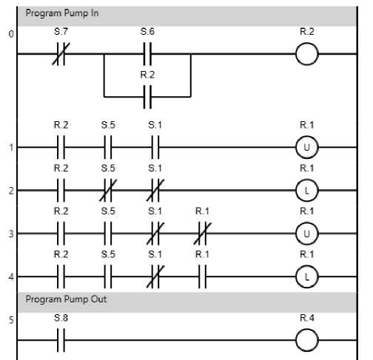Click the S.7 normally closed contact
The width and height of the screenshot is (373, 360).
tap(61, 54)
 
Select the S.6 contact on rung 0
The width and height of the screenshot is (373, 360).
tap(147, 54)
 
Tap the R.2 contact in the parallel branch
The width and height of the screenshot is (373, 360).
tap(147, 97)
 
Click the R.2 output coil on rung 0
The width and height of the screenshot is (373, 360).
tap(307, 54)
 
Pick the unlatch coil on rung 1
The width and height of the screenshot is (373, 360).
tap(307, 147)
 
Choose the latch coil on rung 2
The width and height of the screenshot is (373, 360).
tap(307, 191)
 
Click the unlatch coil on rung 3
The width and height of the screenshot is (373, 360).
tap(307, 234)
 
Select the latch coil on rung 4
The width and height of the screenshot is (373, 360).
tap(307, 276)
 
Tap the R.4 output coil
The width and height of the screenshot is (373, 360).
tap(307, 340)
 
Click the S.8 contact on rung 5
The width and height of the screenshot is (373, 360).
tap(61, 340)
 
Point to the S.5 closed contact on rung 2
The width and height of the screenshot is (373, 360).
tap(108, 191)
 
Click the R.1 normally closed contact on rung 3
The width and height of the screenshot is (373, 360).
tap(202, 234)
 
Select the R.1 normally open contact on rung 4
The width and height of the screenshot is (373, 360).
tap(202, 276)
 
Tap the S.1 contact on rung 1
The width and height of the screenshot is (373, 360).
tap(155, 147)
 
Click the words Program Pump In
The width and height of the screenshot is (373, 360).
tap(62, 13)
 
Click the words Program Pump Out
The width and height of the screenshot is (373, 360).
tap(66, 299)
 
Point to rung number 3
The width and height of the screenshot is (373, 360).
tap(11, 234)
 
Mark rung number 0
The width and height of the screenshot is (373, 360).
tap(11, 34)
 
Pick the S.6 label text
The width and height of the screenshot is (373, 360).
tap(147, 32)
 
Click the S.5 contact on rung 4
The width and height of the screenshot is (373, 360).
tap(108, 276)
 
